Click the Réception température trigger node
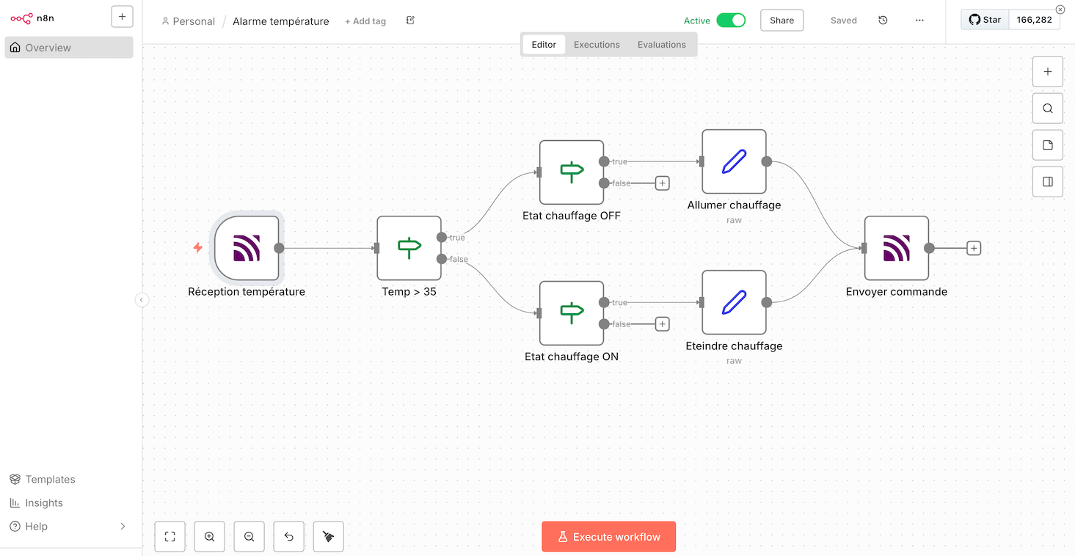tap(247, 248)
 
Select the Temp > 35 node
tap(409, 248)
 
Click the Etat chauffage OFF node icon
tap(571, 172)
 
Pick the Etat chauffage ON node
tap(571, 313)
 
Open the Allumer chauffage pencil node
tap(734, 161)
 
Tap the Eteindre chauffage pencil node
tap(734, 302)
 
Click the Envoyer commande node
tap(896, 248)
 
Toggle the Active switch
tap(730, 21)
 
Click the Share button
tap(781, 21)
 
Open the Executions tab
tap(597, 45)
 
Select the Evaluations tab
tap(661, 45)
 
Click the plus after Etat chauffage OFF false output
tap(662, 183)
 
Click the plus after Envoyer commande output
tap(973, 248)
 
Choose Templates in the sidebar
tap(50, 479)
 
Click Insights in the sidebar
tap(44, 502)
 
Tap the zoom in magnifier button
tap(209, 537)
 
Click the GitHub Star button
tap(985, 20)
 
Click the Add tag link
tap(365, 21)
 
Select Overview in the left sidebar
tap(48, 48)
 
